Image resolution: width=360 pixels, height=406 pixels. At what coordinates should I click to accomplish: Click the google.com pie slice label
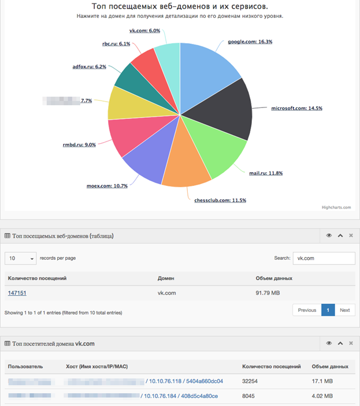[x=250, y=42]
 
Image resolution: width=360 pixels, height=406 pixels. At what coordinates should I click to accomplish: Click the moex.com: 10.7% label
[x=107, y=186]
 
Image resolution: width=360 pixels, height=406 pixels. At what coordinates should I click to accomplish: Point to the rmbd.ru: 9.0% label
[x=79, y=145]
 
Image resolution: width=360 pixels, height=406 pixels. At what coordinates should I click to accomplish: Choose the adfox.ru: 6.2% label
[x=90, y=67]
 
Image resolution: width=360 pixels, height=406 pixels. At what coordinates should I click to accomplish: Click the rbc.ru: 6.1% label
[x=116, y=44]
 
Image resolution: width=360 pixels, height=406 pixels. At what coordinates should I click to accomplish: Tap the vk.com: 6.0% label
[x=144, y=31]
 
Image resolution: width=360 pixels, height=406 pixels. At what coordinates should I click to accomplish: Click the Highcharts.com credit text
[x=336, y=207]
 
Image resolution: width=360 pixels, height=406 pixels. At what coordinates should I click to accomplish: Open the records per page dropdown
[x=21, y=258]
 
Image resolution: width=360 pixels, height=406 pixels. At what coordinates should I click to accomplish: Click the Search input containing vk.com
[x=324, y=258]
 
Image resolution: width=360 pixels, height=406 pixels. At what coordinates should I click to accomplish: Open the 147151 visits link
[x=17, y=293]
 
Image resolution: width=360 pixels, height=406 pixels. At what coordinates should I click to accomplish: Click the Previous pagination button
[x=307, y=310]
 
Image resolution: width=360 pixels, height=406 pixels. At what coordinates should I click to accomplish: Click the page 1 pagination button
[x=328, y=310]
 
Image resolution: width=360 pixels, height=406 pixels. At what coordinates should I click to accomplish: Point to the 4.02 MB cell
[x=322, y=396]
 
